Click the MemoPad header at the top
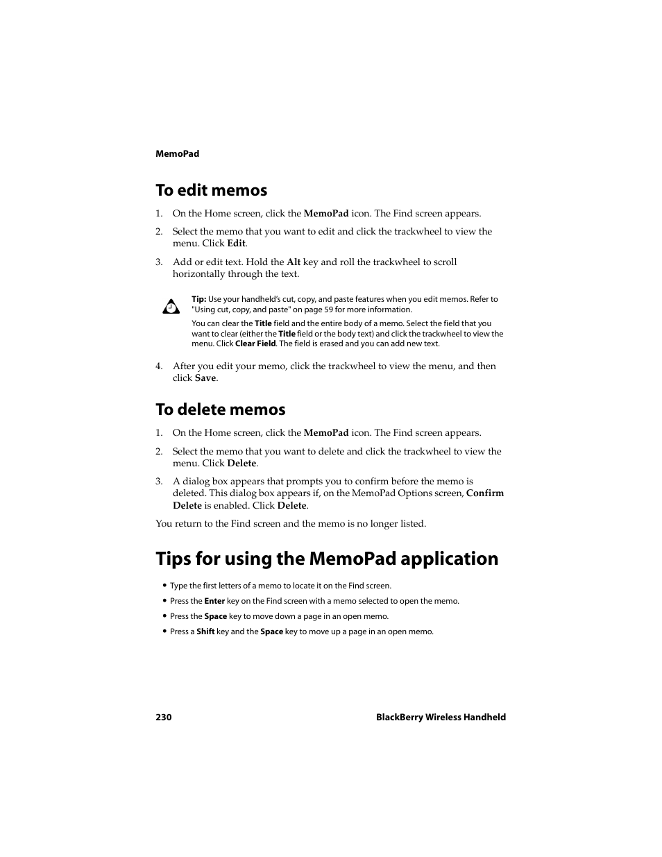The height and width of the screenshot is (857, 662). pyautogui.click(x=177, y=154)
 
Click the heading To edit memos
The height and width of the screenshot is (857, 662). pyautogui.click(x=211, y=190)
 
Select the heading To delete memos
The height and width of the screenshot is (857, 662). pyautogui.click(x=220, y=409)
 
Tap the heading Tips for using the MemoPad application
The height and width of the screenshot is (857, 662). pyautogui.click(x=327, y=559)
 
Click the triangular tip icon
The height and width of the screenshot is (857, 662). pyautogui.click(x=171, y=306)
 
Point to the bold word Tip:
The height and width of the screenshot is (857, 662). pyautogui.click(x=198, y=300)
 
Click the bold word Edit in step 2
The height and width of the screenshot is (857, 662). pyautogui.click(x=236, y=244)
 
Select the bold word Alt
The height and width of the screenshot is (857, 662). pyautogui.click(x=294, y=262)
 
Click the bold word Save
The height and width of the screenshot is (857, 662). pyautogui.click(x=205, y=378)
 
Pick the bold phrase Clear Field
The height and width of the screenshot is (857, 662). pyautogui.click(x=255, y=343)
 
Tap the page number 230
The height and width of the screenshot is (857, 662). pyautogui.click(x=163, y=718)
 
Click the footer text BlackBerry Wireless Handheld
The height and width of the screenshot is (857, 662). pyautogui.click(x=441, y=718)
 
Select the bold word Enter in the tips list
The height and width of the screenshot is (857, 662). pyautogui.click(x=214, y=602)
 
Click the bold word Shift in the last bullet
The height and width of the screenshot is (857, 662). pyautogui.click(x=205, y=632)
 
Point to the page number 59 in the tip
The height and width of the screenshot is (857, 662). pyautogui.click(x=328, y=310)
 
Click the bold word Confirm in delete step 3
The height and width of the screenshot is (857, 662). pyautogui.click(x=485, y=493)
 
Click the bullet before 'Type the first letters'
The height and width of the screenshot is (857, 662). pyautogui.click(x=164, y=586)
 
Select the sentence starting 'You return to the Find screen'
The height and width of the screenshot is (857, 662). pyautogui.click(x=291, y=524)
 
